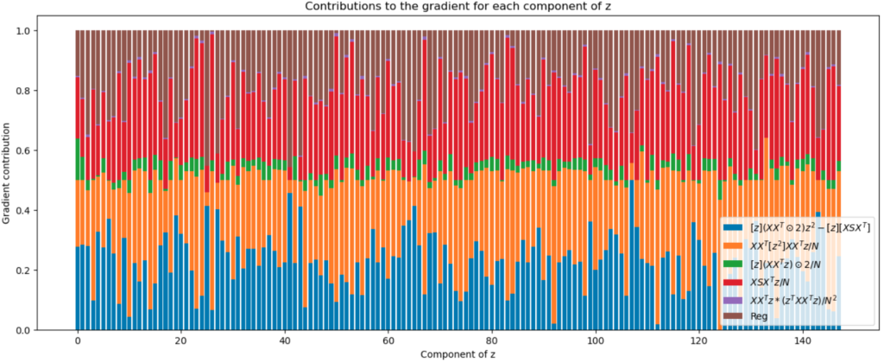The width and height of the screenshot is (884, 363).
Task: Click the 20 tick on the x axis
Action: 180,341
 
